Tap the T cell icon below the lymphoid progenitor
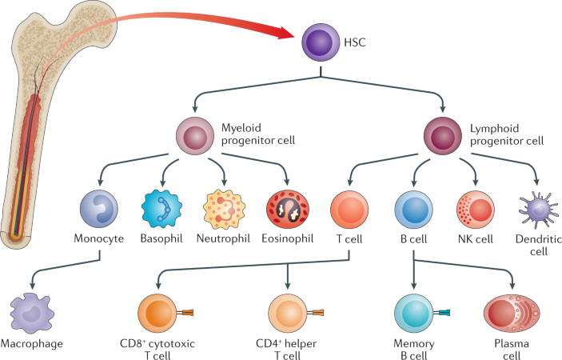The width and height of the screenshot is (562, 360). (x=349, y=210)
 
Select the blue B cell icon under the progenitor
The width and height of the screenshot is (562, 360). (x=414, y=210)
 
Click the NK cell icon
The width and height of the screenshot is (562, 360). (x=475, y=210)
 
